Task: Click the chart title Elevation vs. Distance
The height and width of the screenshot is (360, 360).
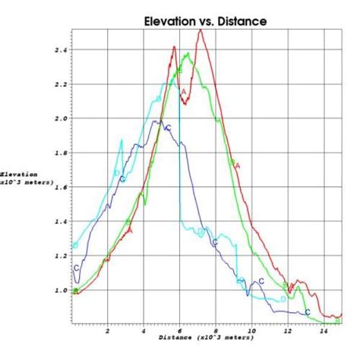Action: coord(205,21)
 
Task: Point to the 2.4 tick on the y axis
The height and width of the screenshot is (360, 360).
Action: coord(61,50)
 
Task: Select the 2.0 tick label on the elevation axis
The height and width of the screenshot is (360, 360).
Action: coord(61,119)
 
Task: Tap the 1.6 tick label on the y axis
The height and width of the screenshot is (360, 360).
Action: coord(61,188)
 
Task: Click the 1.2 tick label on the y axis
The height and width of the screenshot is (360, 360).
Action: coord(61,256)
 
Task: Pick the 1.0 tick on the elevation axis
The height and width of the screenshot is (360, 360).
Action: coord(61,290)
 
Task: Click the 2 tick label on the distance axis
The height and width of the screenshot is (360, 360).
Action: coord(107,331)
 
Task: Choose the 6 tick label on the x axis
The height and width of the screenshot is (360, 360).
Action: coord(179,331)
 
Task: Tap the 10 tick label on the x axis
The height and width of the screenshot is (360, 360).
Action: coord(251,331)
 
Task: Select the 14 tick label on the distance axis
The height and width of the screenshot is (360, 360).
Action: coord(324,331)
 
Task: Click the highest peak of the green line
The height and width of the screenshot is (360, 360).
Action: coord(187,53)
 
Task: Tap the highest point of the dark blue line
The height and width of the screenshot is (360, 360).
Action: coord(156,120)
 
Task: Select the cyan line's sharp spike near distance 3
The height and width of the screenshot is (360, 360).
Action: coord(122,140)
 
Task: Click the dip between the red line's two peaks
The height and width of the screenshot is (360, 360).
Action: coord(184,103)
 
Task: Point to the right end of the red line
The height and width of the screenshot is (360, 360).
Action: coord(340,314)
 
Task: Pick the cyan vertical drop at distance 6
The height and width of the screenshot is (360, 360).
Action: coord(179,167)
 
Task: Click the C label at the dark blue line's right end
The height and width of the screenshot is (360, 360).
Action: coord(308,312)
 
